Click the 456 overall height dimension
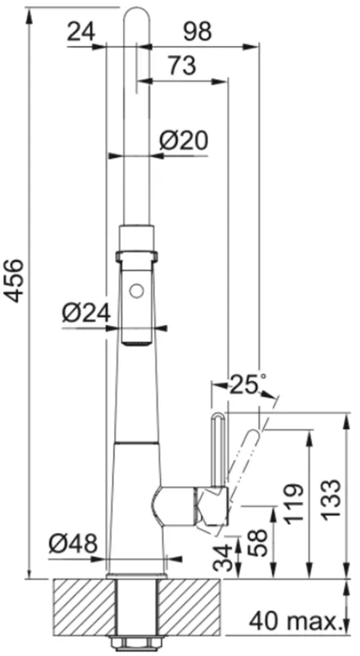click(x=16, y=280)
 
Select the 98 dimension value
click(x=197, y=31)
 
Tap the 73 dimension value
click(x=182, y=66)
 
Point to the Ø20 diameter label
click(x=184, y=142)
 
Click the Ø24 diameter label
click(x=87, y=313)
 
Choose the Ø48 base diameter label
click(x=73, y=544)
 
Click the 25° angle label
click(x=247, y=385)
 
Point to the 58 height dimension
click(x=257, y=543)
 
